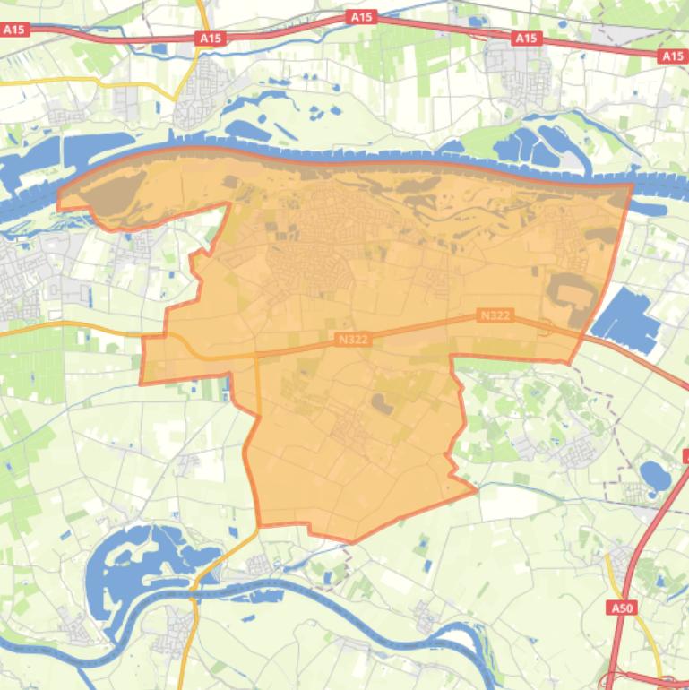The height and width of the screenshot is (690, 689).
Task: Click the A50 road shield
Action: coord(622,608)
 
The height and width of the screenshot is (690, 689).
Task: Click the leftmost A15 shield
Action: coord(15,30)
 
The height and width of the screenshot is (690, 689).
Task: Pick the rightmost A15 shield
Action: coord(674,56)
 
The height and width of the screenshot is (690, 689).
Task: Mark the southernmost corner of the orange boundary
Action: coord(352,542)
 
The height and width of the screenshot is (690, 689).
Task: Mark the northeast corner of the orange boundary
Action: coord(632,185)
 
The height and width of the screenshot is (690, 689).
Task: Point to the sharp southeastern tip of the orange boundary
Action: coord(475,489)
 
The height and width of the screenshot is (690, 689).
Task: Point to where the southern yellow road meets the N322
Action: coord(257,353)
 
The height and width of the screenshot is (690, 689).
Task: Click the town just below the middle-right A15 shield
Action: coord(518,76)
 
